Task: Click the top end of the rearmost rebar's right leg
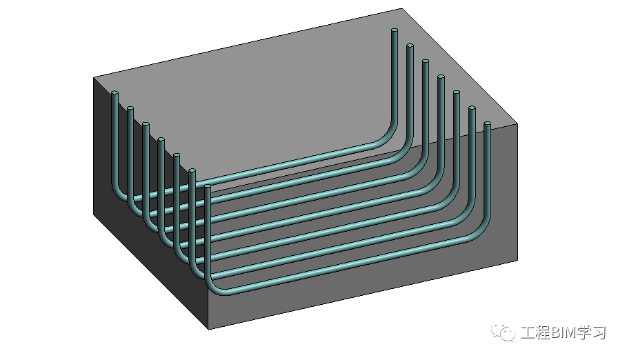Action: [395, 30]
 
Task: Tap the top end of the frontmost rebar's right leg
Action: [487, 123]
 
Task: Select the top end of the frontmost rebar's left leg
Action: [207, 186]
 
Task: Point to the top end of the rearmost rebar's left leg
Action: [115, 93]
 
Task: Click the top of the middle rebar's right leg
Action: [441, 77]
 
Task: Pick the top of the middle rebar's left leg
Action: [161, 139]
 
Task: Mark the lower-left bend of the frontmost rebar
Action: [213, 286]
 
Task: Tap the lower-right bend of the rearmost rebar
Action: [387, 139]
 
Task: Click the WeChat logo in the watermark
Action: [503, 331]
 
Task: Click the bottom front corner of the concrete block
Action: [209, 329]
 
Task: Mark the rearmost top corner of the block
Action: [401, 9]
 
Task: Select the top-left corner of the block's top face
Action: [94, 77]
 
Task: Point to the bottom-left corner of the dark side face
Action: [94, 214]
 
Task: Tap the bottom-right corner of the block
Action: [517, 261]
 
